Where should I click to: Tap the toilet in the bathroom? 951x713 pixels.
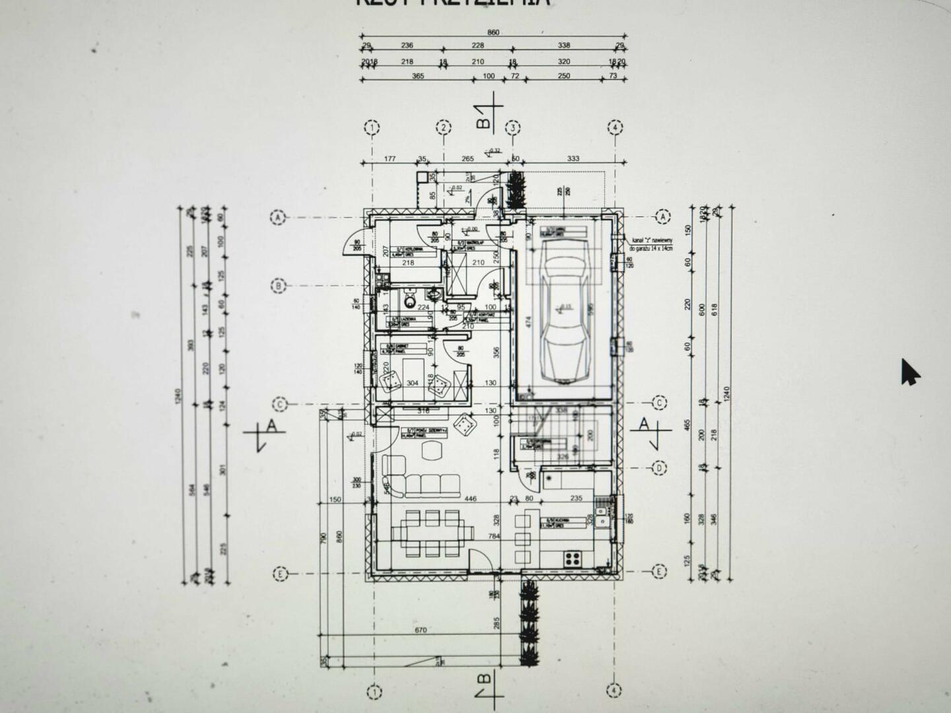(410, 302)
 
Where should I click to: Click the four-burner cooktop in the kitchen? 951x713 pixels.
(573, 559)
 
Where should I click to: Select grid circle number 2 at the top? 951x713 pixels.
(444, 127)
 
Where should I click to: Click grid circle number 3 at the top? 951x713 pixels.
(512, 127)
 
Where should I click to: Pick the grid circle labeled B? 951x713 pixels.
(279, 287)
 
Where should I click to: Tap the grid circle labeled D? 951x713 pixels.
(658, 468)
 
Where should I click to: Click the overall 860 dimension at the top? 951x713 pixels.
(493, 32)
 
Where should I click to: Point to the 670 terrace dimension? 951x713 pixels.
(421, 630)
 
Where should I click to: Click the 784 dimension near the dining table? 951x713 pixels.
(494, 537)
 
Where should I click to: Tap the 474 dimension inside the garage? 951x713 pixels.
(528, 322)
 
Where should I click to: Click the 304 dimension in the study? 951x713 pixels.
(412, 384)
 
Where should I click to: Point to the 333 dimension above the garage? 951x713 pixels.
(573, 158)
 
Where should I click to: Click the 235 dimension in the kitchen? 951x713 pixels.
(576, 498)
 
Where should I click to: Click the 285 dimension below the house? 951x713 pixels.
(497, 623)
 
